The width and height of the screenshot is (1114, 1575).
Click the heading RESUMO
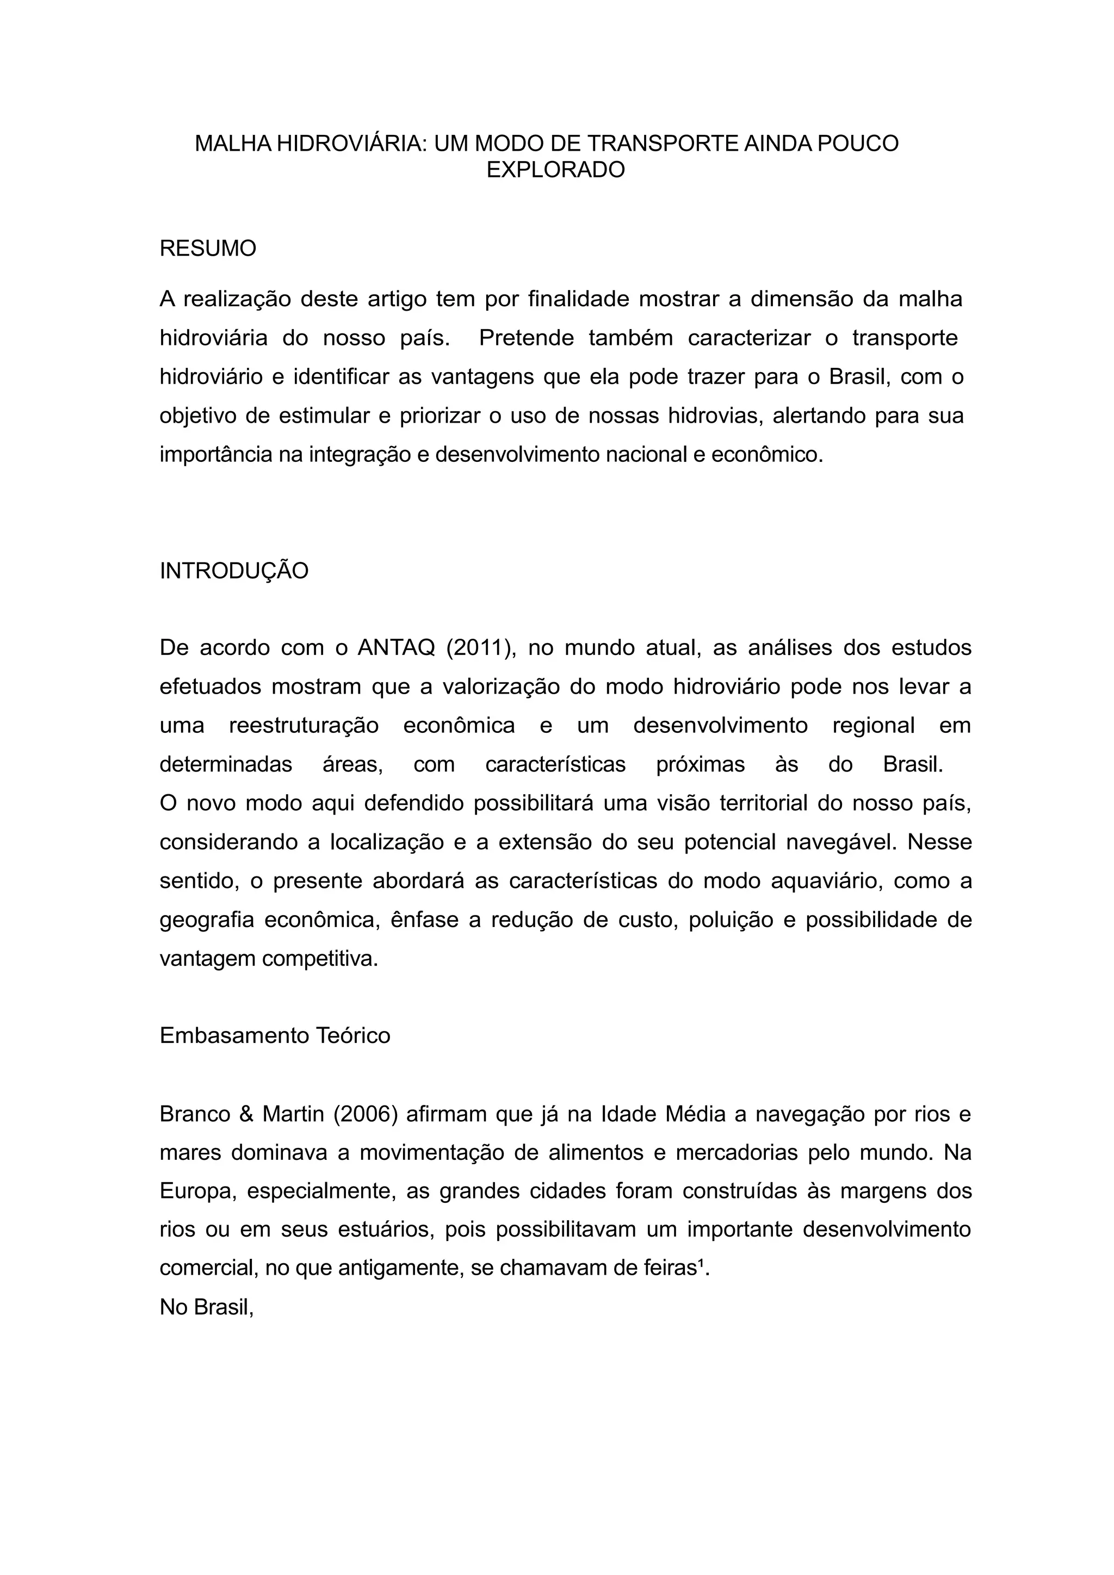click(x=207, y=248)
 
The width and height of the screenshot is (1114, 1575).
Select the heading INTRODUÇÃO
click(x=234, y=571)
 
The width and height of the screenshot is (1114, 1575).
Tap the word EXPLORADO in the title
click(x=555, y=169)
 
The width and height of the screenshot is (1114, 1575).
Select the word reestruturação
click(x=304, y=726)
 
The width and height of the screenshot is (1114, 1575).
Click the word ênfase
click(x=425, y=920)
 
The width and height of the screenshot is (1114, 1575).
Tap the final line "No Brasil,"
click(x=207, y=1307)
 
